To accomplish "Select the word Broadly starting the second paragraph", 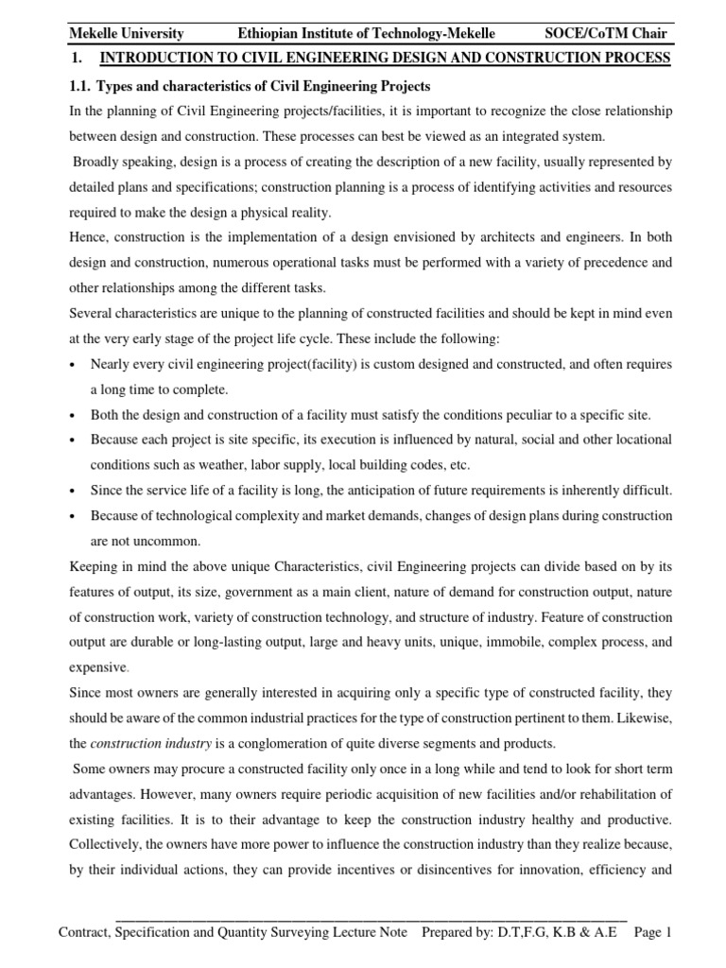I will [99, 161].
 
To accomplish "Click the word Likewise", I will [641, 717].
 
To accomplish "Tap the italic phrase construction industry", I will [142, 742].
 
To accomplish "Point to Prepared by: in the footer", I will [459, 932].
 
